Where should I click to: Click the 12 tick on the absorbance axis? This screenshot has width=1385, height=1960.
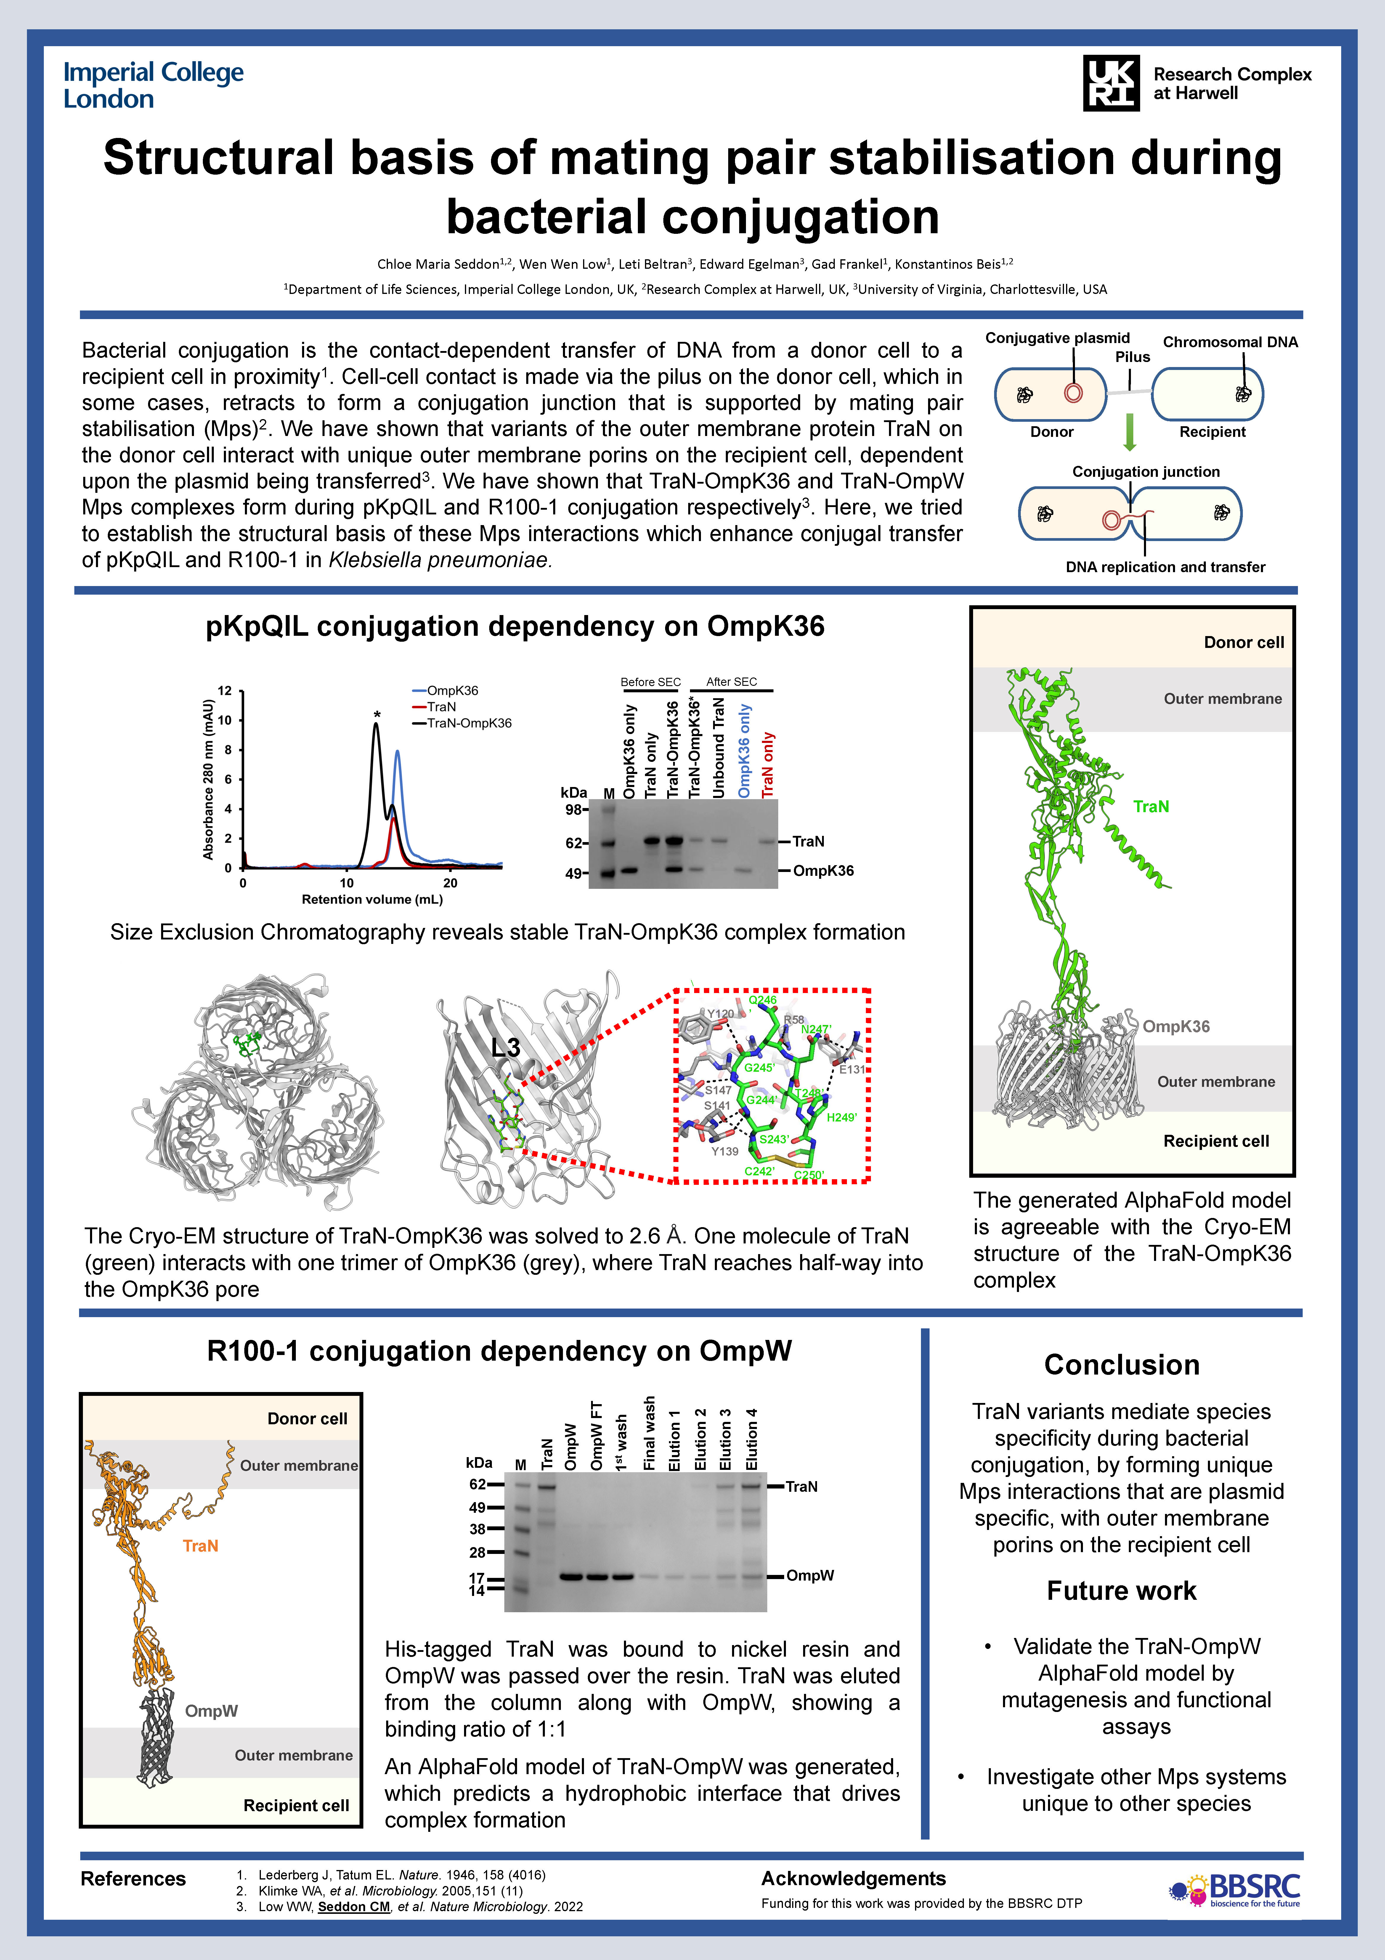point(224,691)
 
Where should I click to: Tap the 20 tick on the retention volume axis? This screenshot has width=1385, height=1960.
point(450,883)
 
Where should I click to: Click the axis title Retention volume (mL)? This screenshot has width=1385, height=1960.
point(372,899)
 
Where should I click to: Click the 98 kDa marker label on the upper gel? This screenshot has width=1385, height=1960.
point(574,809)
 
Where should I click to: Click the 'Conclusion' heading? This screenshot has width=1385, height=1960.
point(1121,1365)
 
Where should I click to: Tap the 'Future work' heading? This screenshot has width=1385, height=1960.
point(1121,1590)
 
